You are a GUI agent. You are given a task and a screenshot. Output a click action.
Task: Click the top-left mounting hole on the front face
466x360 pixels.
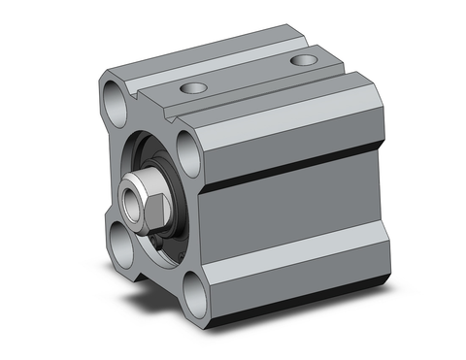[x=116, y=99]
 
